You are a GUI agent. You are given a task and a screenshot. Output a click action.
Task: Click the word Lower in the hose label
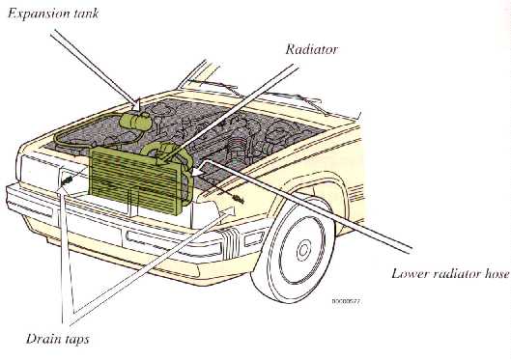point(411,272)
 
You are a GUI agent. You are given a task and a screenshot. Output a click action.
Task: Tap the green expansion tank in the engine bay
point(136,119)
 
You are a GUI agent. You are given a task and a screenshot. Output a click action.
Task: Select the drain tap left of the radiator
point(69,180)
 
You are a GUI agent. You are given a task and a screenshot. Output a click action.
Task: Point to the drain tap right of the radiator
point(237,199)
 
